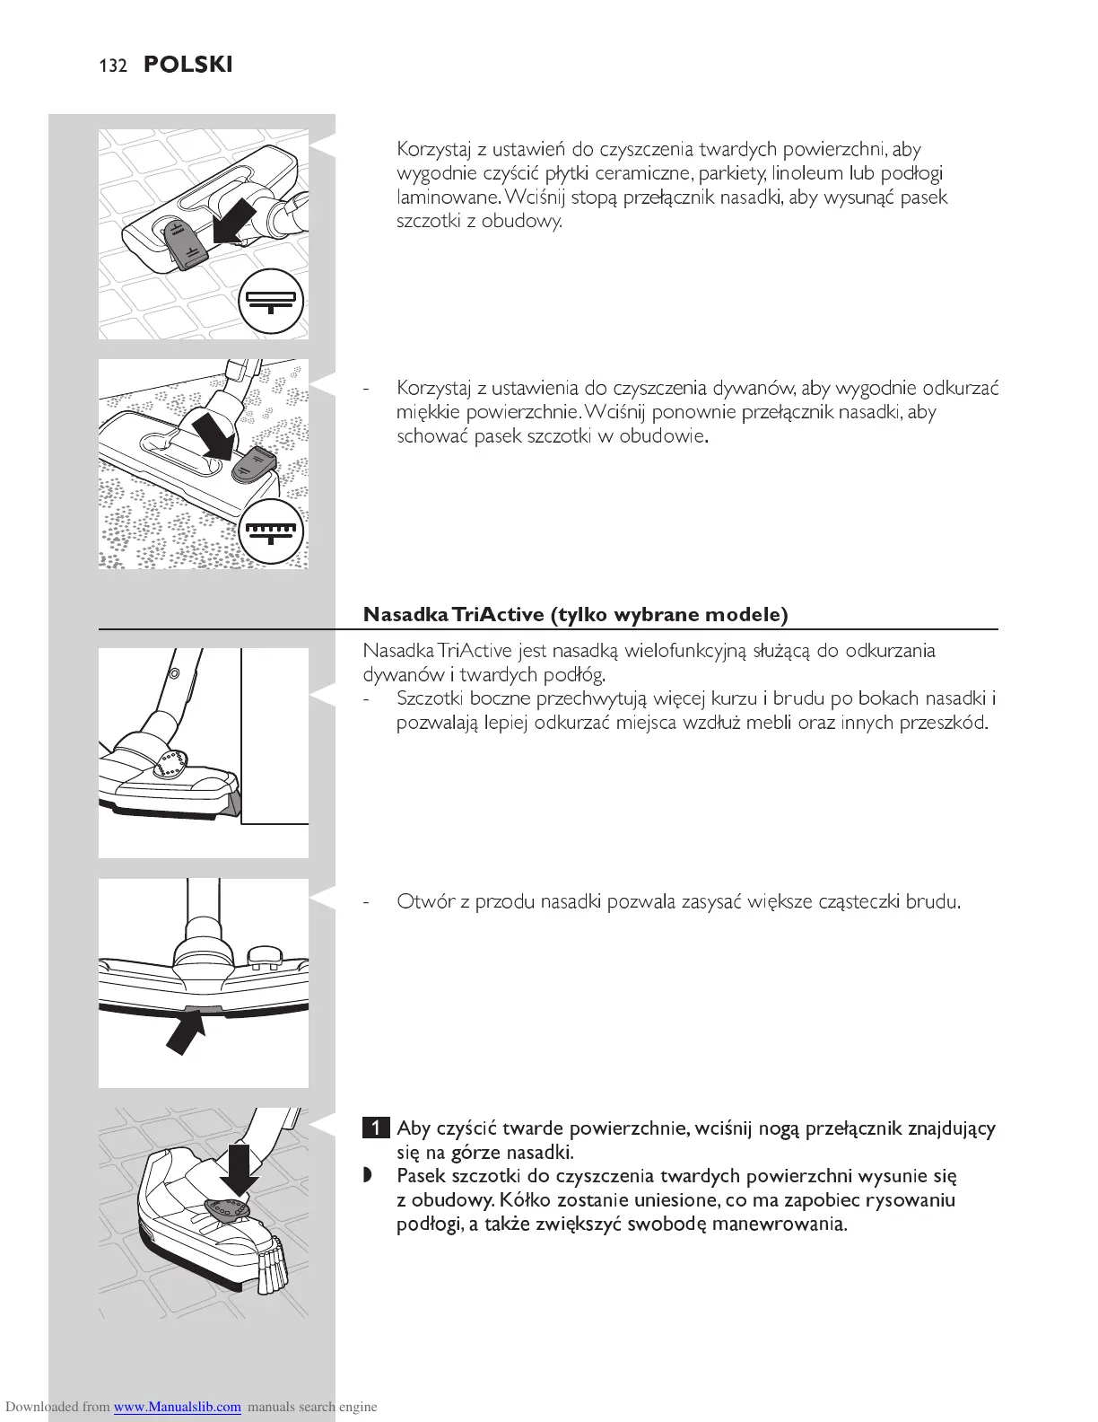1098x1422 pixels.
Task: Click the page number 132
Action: point(113,66)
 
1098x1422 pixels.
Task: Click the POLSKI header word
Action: point(187,66)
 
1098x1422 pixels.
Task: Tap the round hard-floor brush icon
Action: point(271,301)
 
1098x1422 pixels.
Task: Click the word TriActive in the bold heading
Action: point(499,615)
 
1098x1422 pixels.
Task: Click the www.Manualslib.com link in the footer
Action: point(177,1407)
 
